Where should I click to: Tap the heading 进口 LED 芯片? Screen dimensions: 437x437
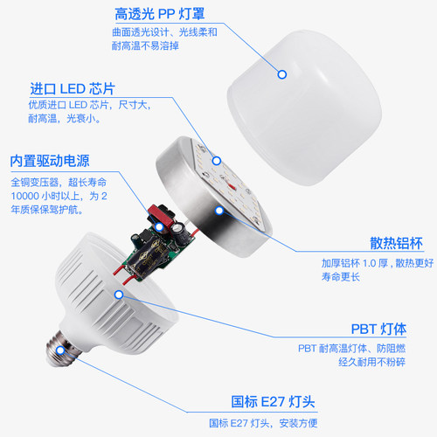73,88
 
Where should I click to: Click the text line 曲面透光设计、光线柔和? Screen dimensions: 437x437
164,34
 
